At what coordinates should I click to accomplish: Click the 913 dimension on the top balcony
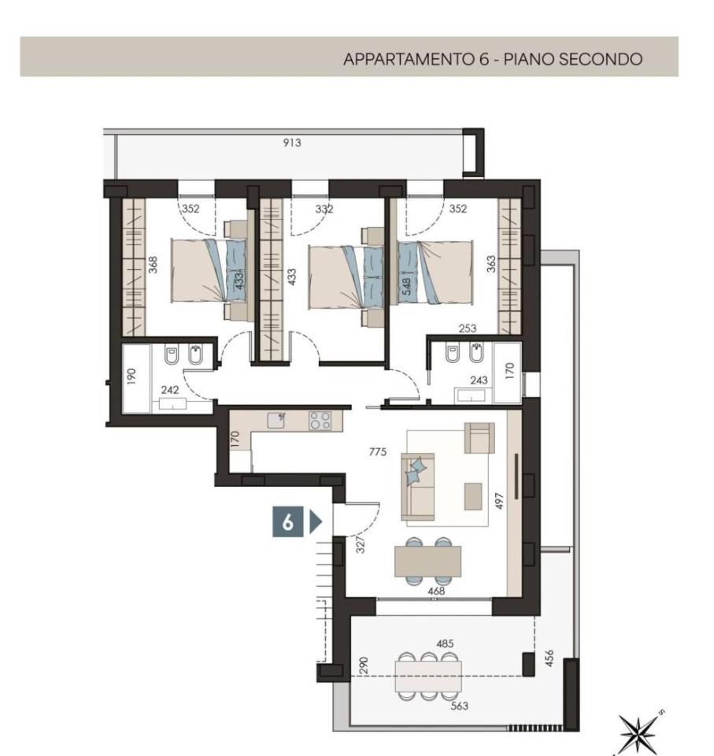pos(292,143)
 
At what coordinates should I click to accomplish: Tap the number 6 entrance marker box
pos(288,521)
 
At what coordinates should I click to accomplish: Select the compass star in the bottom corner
pos(638,733)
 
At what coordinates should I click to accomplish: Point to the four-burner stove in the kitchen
pos(320,421)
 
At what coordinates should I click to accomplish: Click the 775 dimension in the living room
pos(378,452)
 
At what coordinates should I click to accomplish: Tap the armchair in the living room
pos(479,438)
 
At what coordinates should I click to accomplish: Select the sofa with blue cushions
pos(418,487)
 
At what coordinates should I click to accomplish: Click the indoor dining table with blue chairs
pos(427,561)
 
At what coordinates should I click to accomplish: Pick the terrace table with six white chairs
pos(428,676)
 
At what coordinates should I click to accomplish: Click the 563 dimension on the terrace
pos(459,706)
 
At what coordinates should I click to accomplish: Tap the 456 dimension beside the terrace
pos(549,658)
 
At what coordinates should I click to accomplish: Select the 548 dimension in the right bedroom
pos(406,287)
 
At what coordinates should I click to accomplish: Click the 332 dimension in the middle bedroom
pos(324,209)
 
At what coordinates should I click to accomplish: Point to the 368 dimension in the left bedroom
pos(153,265)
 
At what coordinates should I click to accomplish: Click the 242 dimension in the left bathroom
pos(170,390)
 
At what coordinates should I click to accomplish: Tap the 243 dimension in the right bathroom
pos(479,380)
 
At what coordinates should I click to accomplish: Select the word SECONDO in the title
pos(600,59)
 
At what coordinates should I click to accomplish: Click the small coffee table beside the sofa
pos(473,496)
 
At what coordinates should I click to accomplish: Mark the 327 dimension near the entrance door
pos(361,545)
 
